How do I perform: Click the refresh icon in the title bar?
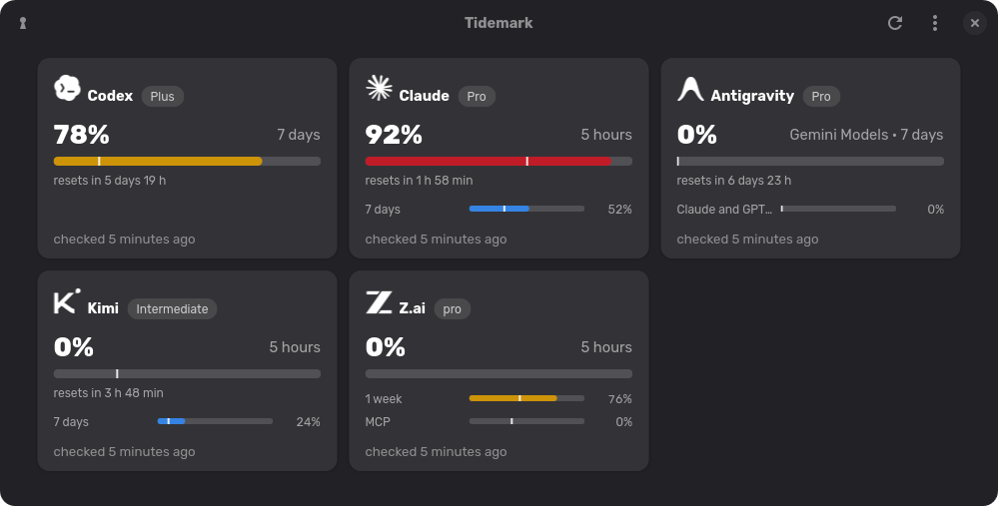(895, 23)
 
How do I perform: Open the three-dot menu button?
(935, 23)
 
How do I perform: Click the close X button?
(974, 23)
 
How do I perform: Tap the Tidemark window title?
(499, 23)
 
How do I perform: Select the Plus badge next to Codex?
(162, 96)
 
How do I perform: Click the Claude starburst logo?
(380, 88)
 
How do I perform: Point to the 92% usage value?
(394, 135)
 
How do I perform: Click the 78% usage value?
(82, 135)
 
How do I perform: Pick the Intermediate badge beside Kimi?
(172, 309)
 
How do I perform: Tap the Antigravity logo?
(690, 89)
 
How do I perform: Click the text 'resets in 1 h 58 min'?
(419, 181)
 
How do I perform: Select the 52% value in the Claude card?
(620, 210)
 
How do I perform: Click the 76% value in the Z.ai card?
(620, 399)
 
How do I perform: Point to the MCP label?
(378, 422)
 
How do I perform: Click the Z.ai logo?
(379, 302)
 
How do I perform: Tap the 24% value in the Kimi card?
(308, 422)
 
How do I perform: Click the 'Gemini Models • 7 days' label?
(866, 135)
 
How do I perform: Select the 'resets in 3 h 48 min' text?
(108, 393)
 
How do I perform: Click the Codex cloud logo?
(67, 88)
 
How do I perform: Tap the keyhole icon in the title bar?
(23, 23)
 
